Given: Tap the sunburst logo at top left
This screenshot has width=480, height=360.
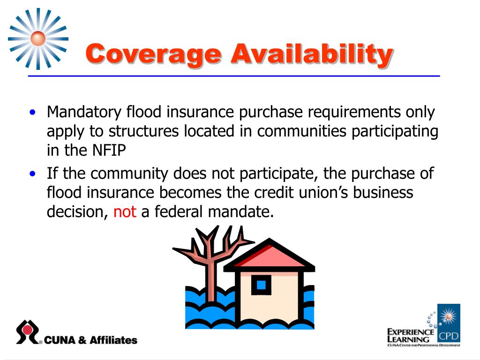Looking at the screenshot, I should (38, 38).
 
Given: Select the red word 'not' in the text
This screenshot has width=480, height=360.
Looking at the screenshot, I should (125, 212).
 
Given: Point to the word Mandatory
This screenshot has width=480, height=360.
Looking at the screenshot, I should (84, 112).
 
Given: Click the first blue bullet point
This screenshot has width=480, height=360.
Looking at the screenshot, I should (32, 113).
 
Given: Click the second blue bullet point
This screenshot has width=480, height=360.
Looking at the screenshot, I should (32, 174).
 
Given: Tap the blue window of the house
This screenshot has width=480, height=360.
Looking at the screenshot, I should (261, 285).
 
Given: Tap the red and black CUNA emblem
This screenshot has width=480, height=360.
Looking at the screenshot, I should (28, 332).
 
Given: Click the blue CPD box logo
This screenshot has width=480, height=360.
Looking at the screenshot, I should (449, 323).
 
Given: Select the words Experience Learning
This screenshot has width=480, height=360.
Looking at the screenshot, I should (410, 335).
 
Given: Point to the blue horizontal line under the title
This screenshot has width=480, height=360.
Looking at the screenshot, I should (234, 75).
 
